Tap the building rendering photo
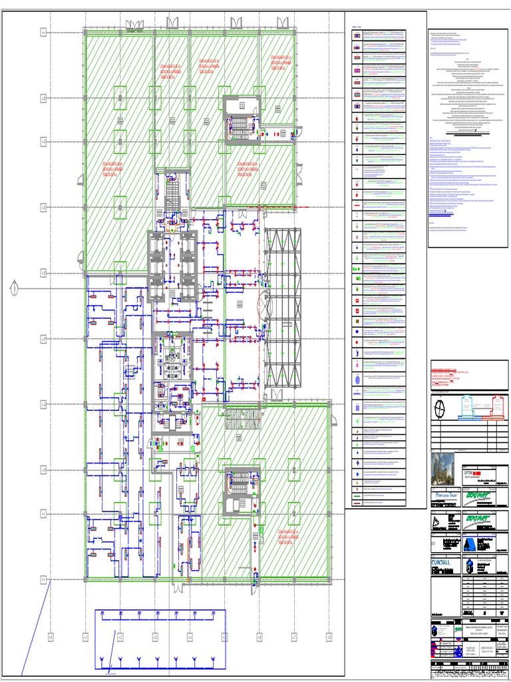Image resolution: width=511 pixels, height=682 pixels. pyautogui.click(x=443, y=467)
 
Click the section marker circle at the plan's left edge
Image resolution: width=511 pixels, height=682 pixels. pyautogui.click(x=13, y=288)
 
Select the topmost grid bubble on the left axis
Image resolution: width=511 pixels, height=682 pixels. pyautogui.click(x=44, y=31)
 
